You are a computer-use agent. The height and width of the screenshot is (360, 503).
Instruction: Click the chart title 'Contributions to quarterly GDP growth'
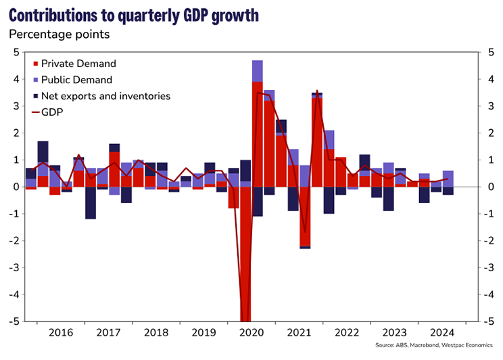click(x=133, y=16)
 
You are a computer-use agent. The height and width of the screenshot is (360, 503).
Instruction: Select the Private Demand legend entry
click(x=78, y=64)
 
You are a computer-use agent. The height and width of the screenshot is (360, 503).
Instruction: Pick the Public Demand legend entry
click(x=76, y=80)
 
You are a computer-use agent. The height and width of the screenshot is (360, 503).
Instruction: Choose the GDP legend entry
click(x=52, y=112)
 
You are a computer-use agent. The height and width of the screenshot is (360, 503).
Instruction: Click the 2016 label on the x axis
click(x=61, y=333)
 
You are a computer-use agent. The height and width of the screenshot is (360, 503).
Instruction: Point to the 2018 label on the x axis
click(x=157, y=333)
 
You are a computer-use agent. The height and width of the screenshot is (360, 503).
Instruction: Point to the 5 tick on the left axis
click(x=17, y=52)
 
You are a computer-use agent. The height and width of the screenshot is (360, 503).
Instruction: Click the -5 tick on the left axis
click(x=15, y=321)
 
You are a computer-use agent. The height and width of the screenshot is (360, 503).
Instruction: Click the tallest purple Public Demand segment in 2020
click(x=258, y=71)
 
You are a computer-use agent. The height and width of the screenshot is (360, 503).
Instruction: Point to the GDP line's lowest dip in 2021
click(x=305, y=232)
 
